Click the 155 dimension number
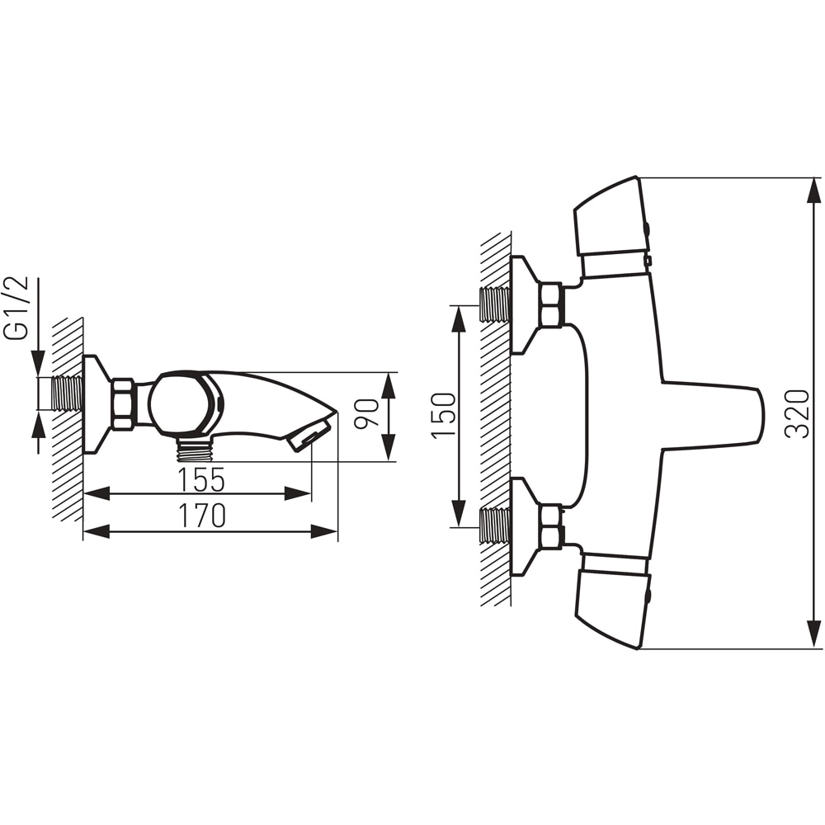(201, 480)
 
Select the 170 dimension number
(202, 516)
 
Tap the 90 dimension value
(366, 414)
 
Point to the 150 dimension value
(444, 415)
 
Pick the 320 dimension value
(797, 413)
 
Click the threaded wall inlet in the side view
(68, 393)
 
